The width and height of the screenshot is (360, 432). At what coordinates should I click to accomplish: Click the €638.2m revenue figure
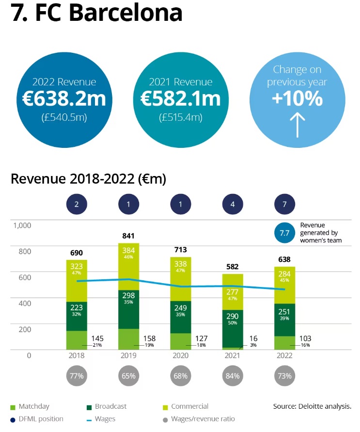64,98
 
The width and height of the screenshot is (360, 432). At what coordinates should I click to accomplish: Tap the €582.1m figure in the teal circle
180,98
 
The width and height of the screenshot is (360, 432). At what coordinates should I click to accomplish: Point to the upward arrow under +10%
297,124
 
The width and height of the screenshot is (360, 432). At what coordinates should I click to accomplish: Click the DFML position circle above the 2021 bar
233,205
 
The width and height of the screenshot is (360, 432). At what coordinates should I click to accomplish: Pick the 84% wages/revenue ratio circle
233,376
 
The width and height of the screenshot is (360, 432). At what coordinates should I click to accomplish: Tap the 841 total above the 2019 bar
128,236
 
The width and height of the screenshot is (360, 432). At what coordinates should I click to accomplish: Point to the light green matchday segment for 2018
77,340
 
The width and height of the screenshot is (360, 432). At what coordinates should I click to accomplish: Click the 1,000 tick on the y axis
22,225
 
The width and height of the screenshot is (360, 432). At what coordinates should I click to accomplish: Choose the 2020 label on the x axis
180,355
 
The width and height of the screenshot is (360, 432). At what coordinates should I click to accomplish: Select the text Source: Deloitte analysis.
312,406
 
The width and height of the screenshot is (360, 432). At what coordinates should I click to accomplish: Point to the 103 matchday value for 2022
304,338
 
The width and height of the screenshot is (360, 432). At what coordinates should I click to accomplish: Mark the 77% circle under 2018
77,376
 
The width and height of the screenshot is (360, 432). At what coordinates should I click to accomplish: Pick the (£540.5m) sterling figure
64,117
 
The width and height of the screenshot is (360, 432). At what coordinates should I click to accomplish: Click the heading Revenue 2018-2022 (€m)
88,179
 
